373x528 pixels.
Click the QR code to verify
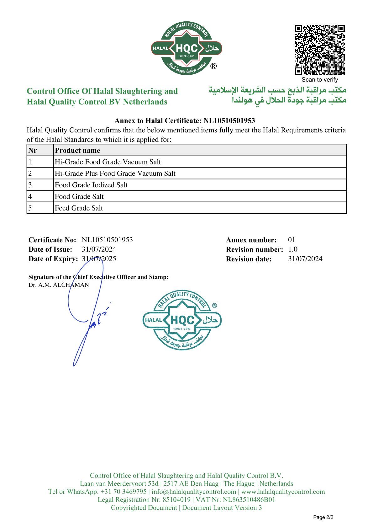pos(320,50)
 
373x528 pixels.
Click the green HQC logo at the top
pos(186,48)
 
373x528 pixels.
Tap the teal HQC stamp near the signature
pos(182,320)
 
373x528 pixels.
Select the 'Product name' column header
pos(78,150)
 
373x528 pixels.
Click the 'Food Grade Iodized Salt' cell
pos(91,185)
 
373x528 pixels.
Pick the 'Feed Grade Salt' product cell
pos(79,208)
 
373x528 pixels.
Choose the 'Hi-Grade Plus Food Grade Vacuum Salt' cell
pos(115,173)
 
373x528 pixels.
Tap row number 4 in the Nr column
pos(30,196)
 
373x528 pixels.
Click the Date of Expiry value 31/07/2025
pos(99,259)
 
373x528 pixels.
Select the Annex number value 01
pos(292,240)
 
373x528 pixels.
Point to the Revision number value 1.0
pos(293,249)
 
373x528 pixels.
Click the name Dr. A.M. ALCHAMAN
pos(59,285)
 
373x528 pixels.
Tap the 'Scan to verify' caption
pos(320,80)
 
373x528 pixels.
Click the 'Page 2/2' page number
pos(323,517)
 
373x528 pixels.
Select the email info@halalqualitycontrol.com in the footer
pos(194,492)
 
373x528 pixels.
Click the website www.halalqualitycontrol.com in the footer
pos(283,492)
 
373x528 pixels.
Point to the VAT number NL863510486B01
pos(249,499)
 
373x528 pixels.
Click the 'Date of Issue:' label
pos(50,249)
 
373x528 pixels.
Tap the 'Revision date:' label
pos(249,259)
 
